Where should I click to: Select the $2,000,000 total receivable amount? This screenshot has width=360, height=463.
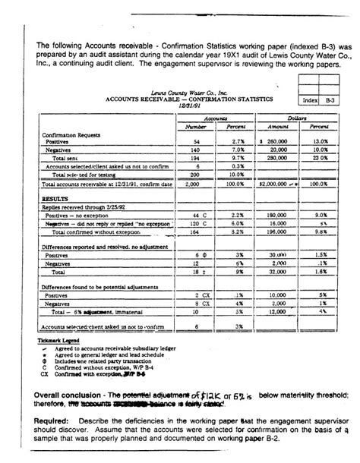tap(278, 184)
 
